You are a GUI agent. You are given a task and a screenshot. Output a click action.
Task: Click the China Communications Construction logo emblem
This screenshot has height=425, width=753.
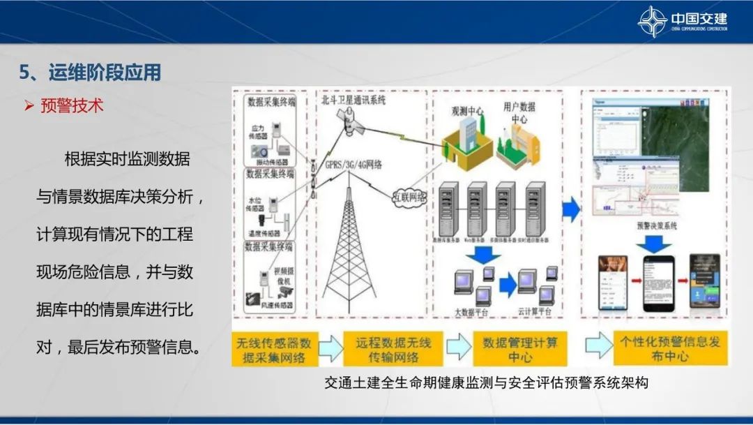point(652,22)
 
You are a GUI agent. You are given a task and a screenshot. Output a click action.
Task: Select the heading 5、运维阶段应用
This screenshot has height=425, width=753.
point(90,73)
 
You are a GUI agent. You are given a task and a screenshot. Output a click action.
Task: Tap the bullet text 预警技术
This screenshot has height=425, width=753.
point(72,106)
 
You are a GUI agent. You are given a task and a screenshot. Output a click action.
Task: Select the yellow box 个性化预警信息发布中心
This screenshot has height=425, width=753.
point(670,349)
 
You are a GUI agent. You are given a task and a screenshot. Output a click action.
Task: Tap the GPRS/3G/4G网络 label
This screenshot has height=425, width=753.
point(354,165)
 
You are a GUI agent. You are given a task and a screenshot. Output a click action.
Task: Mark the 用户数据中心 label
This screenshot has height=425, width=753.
point(519,113)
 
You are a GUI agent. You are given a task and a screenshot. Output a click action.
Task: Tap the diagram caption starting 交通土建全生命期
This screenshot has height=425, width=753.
point(486,383)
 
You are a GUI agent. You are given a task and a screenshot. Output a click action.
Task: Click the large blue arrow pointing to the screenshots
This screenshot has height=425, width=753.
point(572,209)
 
